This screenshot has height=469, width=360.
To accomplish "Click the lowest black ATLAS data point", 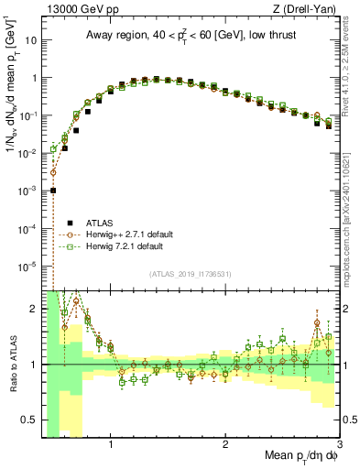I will coord(54,191).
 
